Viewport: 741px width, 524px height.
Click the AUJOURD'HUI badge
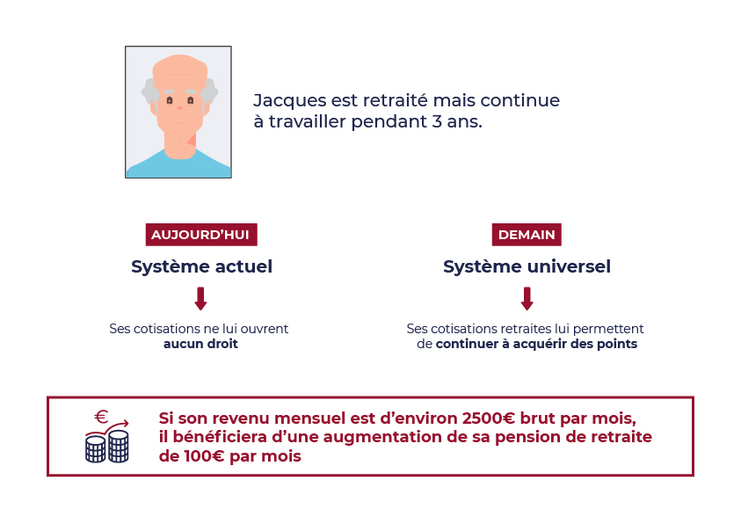pos(201,235)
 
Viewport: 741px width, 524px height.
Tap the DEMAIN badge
pos(527,235)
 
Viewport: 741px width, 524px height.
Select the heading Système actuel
pos(202,266)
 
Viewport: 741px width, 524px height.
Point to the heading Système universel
pos(527,266)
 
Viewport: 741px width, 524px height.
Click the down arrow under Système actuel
pos(200,299)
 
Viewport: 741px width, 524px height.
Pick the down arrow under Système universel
pos(527,299)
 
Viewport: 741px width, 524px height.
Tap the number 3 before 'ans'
pos(436,121)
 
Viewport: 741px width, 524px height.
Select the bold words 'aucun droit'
pos(200,344)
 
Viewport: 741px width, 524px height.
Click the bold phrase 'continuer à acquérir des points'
pos(536,344)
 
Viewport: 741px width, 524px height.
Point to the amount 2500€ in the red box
pos(489,418)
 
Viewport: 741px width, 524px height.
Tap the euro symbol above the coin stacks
pos(101,417)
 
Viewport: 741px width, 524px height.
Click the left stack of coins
pos(96,449)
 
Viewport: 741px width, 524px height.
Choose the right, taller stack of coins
pos(119,446)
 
